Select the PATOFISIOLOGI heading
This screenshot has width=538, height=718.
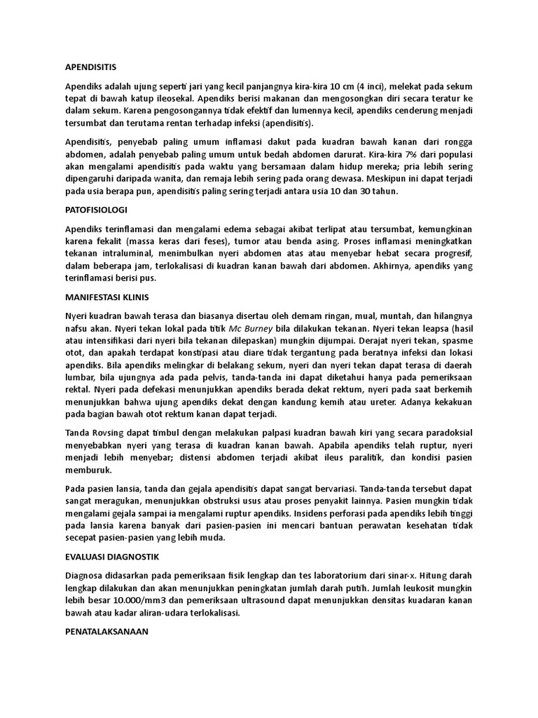(96, 210)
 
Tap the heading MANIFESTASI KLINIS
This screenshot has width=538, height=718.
(106, 297)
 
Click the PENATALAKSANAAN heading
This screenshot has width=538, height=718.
(106, 631)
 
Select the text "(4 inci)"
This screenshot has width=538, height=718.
(375, 86)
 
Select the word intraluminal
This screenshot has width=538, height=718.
(126, 254)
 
